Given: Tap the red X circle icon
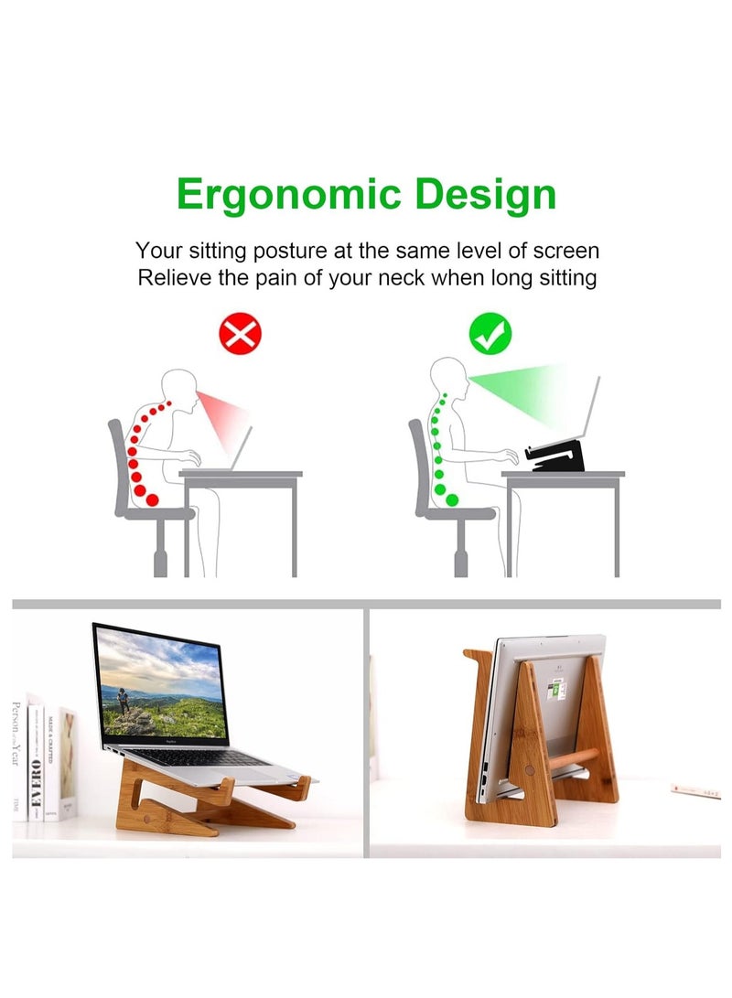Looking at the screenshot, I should coord(241,336).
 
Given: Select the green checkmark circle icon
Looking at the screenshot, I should coord(491,336).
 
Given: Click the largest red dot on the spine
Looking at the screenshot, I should coord(151,499).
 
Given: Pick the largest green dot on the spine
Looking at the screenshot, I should coord(452,499).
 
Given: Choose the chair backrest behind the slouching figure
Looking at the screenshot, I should coord(117,467).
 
